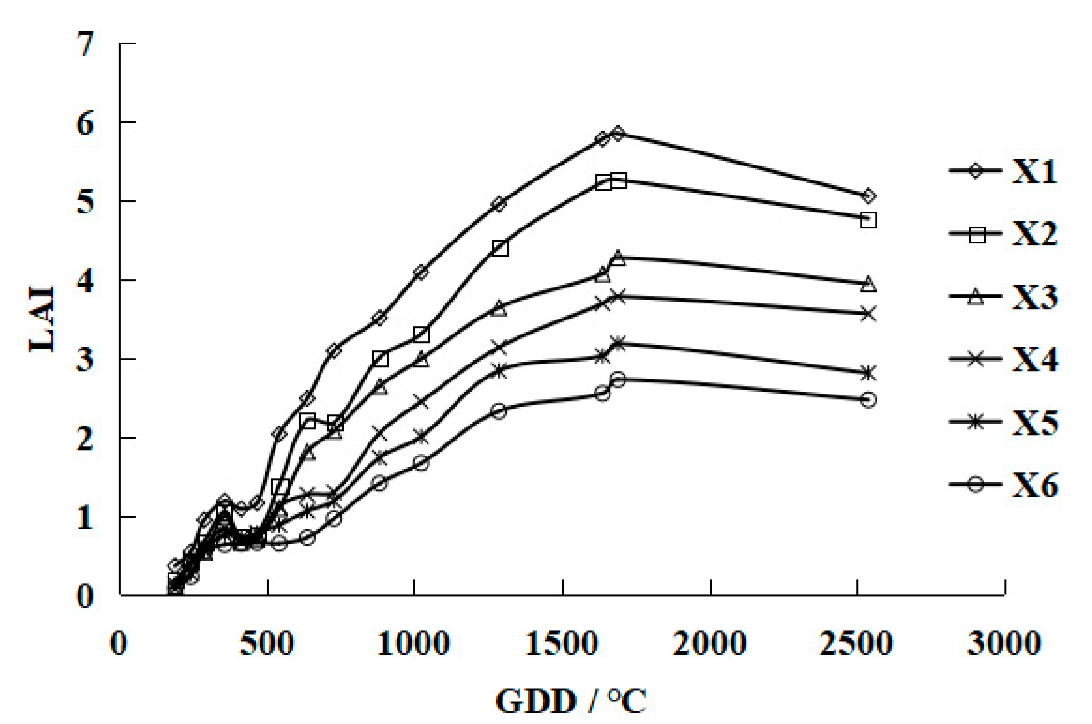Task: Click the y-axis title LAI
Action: tap(43, 319)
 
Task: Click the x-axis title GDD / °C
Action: tap(570, 701)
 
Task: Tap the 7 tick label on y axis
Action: tap(86, 44)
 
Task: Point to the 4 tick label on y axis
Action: tap(86, 281)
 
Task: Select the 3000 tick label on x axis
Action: tap(1004, 643)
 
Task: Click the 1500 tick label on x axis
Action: tap(562, 643)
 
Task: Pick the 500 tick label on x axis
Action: tap(266, 643)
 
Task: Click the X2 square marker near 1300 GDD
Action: tap(500, 248)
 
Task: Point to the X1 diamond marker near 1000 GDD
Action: tap(421, 272)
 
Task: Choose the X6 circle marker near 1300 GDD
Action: tap(498, 411)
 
